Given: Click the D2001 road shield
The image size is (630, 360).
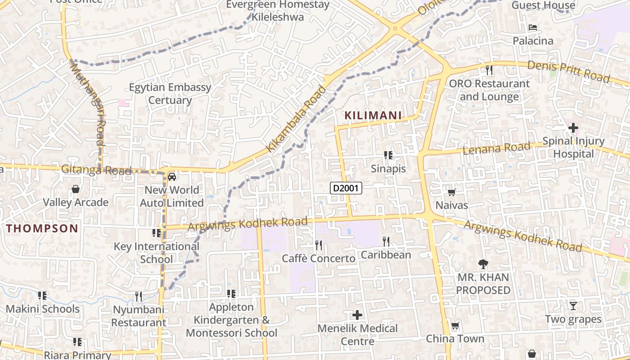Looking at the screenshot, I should (346, 188).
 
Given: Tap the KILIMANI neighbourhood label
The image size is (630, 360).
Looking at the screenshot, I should (373, 116).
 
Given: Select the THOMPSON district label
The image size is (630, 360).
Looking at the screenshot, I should (42, 228).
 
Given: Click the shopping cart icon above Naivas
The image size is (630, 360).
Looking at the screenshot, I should (451, 193).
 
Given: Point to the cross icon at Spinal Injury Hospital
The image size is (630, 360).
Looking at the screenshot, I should (573, 128).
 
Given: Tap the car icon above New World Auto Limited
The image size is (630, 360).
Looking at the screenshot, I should (172, 176).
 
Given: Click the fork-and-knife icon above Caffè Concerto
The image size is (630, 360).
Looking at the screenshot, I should (319, 245).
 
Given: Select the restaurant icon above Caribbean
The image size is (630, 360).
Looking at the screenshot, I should (386, 242).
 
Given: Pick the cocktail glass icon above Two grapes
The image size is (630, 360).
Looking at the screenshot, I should (573, 306).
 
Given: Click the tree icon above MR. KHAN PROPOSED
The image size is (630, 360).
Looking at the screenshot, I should (483, 264).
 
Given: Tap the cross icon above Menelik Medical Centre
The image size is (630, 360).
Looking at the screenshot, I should (357, 315).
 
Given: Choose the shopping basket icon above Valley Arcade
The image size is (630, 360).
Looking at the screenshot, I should (76, 189).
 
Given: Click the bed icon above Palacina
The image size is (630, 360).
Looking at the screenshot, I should (533, 28).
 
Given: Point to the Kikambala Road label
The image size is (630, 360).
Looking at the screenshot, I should (296, 119).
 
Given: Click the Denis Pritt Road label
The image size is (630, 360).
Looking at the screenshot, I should (568, 72).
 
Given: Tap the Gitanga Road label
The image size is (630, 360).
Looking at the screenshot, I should (96, 170).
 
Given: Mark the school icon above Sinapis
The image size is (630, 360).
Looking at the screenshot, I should (388, 156).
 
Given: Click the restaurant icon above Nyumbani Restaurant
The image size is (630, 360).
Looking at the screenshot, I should (139, 296).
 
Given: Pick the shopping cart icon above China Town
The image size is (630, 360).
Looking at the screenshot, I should (455, 325).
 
